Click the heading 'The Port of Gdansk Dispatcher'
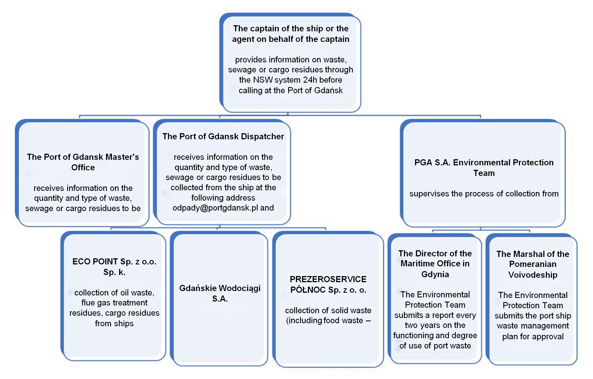point(223,137)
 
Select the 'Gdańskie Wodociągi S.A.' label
point(220,293)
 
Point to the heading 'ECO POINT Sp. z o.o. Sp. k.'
point(114,267)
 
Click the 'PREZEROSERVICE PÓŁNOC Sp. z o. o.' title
point(328,284)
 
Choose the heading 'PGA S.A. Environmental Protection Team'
point(484,168)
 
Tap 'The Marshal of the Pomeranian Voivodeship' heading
point(533,264)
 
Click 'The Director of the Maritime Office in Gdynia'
point(435,264)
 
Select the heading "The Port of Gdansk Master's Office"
point(83,162)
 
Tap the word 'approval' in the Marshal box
point(547,337)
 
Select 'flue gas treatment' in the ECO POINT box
point(114,303)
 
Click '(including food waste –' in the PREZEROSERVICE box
point(328,320)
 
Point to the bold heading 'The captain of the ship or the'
point(291,29)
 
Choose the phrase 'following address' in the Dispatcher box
point(223,198)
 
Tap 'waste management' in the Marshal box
point(533,326)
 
